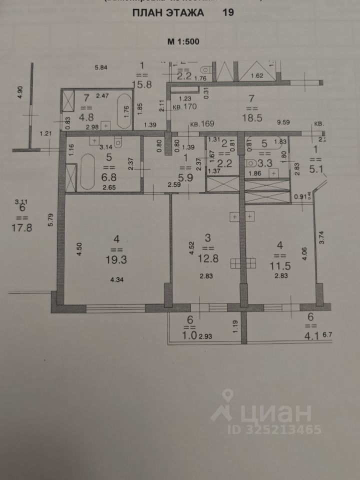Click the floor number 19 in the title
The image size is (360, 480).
pos(228,13)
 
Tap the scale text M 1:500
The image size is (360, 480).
pos(183,41)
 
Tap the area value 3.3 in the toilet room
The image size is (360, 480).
pos(265,162)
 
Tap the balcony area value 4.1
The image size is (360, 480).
pos(310,336)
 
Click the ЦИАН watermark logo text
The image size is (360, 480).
pos(280,414)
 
